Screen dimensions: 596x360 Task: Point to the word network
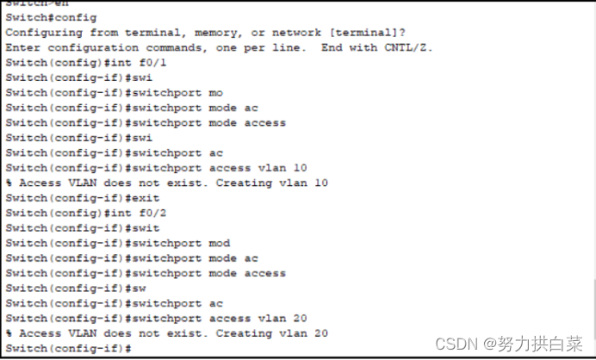pos(297,32)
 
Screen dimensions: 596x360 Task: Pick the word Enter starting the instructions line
pos(22,47)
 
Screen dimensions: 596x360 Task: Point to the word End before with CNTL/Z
pos(332,47)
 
